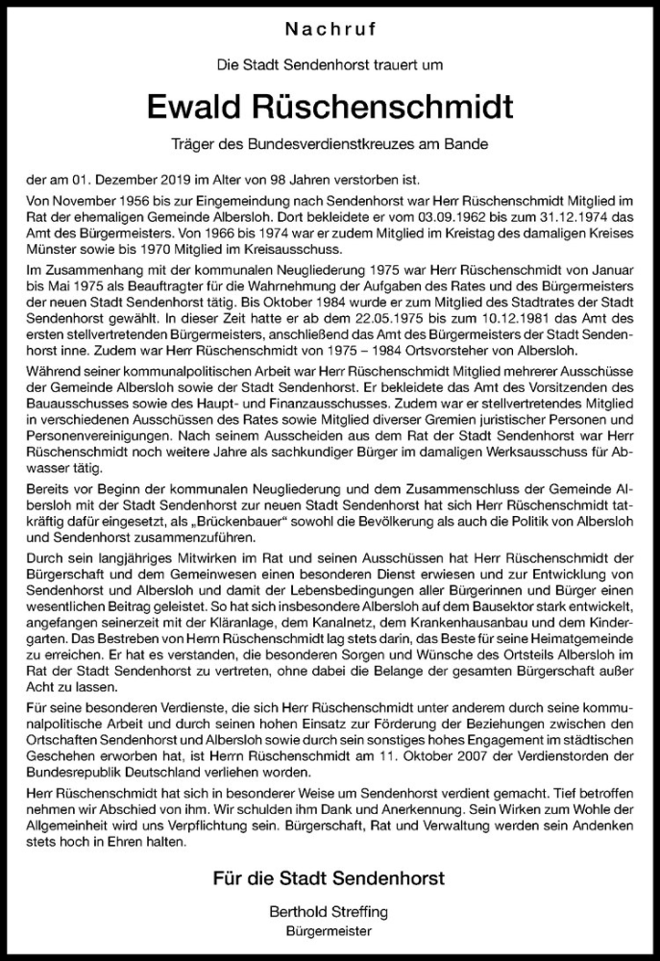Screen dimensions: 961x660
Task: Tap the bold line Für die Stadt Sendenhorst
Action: click(330, 880)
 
